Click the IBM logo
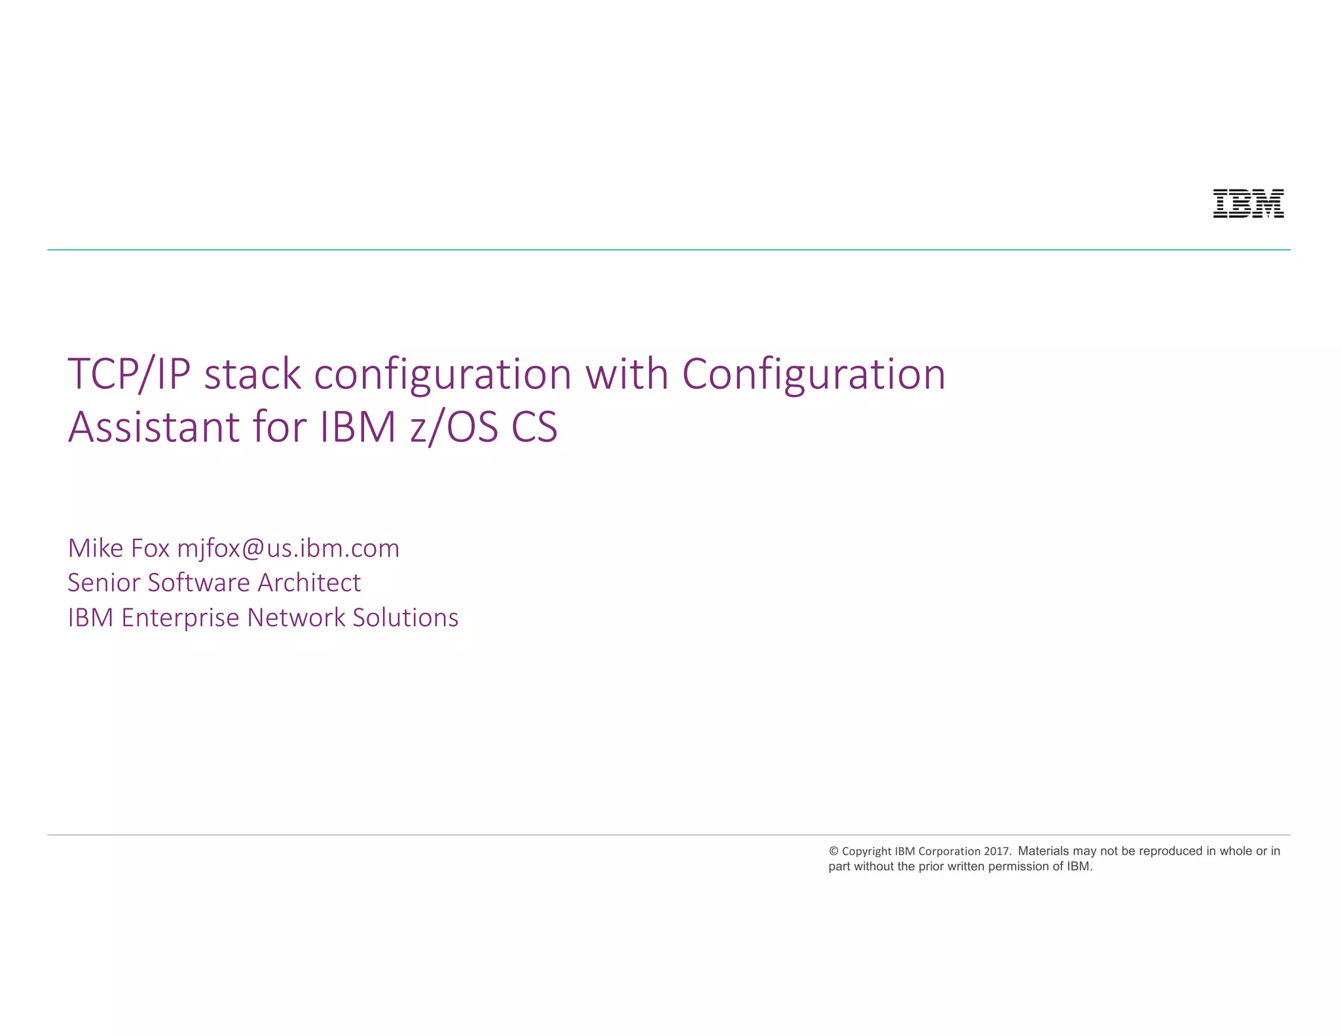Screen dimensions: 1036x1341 pos(1248,204)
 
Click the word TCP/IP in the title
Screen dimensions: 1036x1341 pos(129,375)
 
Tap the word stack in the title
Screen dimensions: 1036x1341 pos(253,375)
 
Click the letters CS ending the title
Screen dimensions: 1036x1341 pos(534,428)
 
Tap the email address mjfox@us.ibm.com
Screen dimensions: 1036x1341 pos(288,549)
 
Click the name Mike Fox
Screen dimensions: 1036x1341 pos(119,549)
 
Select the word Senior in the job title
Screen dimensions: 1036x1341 pos(103,583)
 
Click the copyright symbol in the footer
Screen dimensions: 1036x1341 pos(834,851)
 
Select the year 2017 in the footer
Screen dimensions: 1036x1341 pos(997,851)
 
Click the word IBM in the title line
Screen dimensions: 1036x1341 pos(358,428)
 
